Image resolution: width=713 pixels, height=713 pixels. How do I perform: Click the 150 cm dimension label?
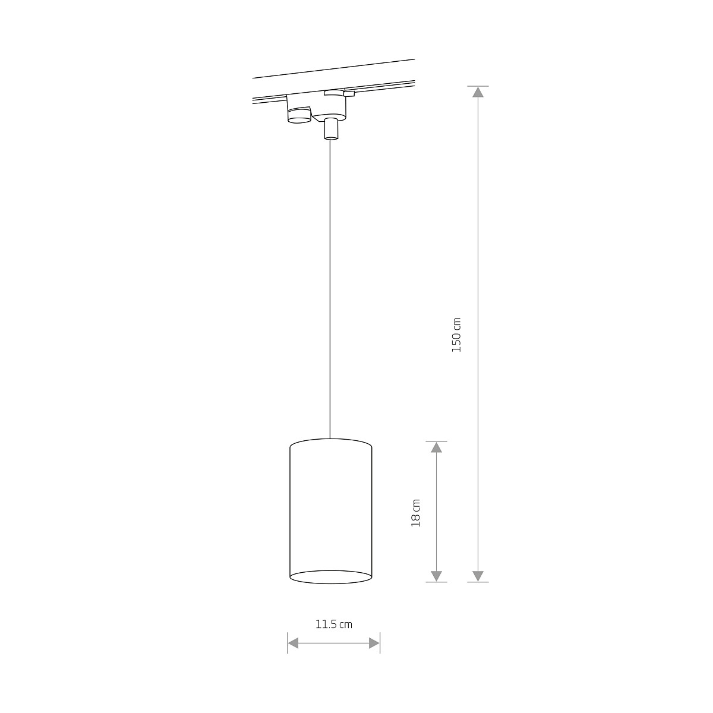click(x=456, y=335)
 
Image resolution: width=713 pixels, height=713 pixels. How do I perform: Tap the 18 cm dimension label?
click(x=416, y=512)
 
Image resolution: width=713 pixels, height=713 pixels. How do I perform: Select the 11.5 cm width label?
click(x=333, y=624)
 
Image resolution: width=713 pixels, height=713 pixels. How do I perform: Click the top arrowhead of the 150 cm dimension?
click(x=478, y=92)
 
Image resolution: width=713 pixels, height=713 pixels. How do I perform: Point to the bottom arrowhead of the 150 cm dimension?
click(x=478, y=576)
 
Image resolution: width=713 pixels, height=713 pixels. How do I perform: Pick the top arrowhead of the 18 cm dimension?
click(x=437, y=447)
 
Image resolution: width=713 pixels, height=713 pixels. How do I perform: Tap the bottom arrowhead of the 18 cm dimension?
click(x=437, y=576)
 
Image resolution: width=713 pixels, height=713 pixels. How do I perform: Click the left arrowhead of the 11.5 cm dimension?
click(x=293, y=643)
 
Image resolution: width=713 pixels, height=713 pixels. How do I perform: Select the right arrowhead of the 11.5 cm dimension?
click(x=374, y=643)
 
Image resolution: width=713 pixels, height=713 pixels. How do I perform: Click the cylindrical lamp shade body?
click(x=330, y=511)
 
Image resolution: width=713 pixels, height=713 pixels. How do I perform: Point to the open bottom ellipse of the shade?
click(x=330, y=577)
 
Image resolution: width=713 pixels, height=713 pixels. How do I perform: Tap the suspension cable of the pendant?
click(x=330, y=285)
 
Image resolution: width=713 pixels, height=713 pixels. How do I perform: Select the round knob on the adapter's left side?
click(x=299, y=115)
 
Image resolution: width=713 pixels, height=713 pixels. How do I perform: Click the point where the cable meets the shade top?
click(x=330, y=438)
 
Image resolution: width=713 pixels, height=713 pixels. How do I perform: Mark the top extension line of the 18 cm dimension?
click(x=437, y=441)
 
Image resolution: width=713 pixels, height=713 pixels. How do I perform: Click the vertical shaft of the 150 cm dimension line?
click(x=478, y=238)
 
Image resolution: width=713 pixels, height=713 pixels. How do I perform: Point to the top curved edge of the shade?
click(x=330, y=440)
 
